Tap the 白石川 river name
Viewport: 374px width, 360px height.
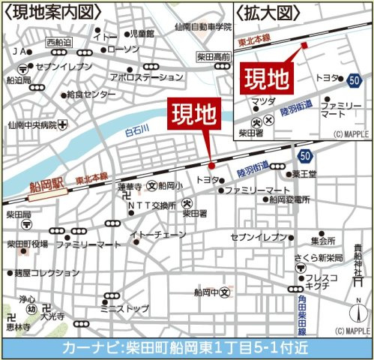pos(138,133)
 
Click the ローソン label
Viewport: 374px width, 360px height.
pos(124,49)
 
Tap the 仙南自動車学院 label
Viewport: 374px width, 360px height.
pos(202,27)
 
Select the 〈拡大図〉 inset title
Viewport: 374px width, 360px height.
pos(270,11)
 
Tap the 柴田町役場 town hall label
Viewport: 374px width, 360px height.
pos(28,244)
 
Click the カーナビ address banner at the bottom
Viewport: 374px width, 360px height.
pos(187,349)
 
